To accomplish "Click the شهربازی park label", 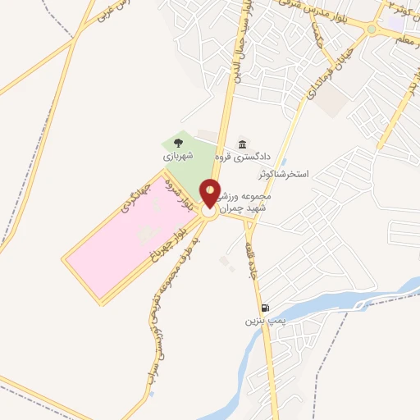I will pos(178,154).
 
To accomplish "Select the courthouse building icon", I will pos(241,143).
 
